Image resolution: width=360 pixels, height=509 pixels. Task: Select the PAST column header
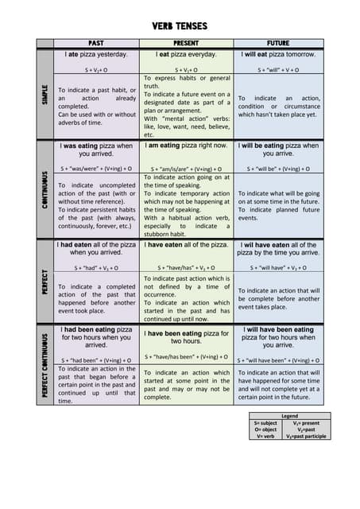[96, 42]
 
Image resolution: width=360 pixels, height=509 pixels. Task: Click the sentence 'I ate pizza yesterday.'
[96, 55]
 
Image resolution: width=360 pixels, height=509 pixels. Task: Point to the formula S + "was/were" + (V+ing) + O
[96, 169]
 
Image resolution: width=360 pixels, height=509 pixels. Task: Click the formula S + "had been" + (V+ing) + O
[96, 359]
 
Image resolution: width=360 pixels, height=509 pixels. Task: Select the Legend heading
[289, 415]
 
